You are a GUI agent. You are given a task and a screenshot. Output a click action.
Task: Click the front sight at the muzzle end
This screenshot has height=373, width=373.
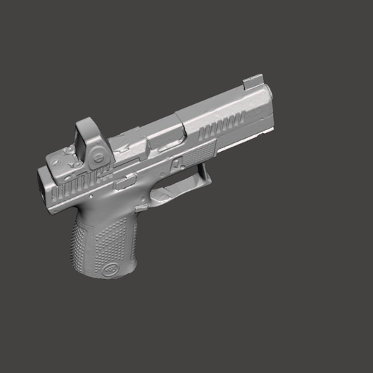pos(253,80)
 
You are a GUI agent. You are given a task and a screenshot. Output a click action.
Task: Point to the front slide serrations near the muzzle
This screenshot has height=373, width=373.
pos(218,129)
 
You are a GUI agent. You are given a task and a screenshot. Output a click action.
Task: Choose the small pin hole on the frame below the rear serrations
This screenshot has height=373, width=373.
pos(93,196)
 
